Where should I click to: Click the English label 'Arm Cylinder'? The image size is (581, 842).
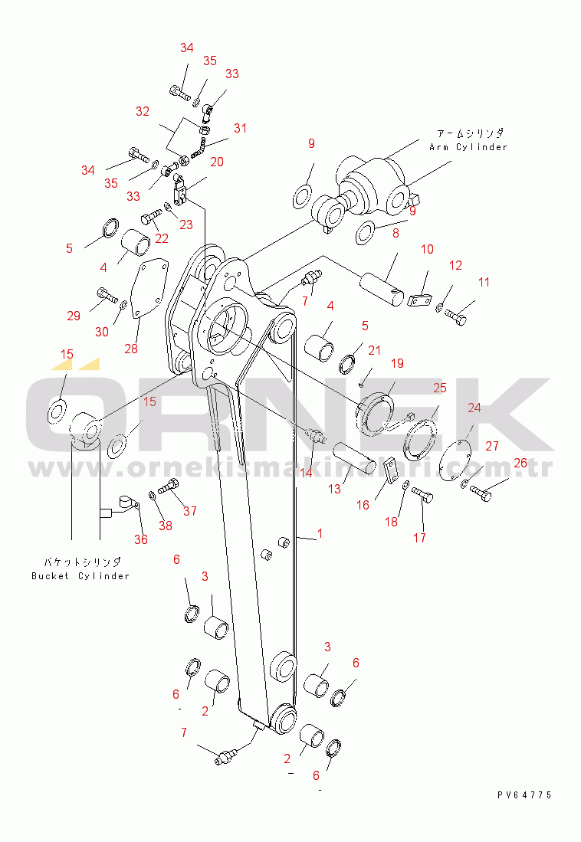468,147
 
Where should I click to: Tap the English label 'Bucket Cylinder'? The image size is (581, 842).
80,576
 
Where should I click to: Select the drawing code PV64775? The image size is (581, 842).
524,795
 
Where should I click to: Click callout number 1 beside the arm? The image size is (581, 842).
320,534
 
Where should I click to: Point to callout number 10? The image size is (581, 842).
427,249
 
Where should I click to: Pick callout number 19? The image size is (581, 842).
397,364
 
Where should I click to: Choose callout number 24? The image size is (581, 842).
474,408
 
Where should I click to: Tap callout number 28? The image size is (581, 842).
131,349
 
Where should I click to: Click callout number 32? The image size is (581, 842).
143,111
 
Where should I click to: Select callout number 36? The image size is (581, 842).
141,539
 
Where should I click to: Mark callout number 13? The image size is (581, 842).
334,489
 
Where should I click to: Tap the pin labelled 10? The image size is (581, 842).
382,290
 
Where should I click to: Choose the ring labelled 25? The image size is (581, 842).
420,440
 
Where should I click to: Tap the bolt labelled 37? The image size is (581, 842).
168,486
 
